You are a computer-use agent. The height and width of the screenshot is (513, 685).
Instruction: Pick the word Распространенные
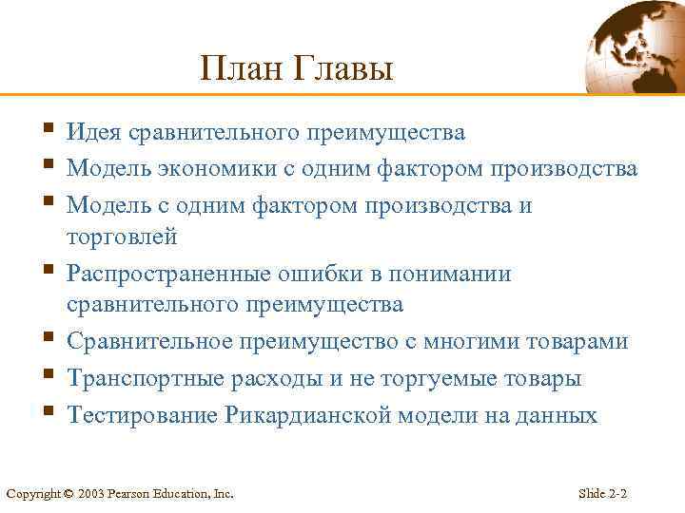pyautogui.click(x=169, y=275)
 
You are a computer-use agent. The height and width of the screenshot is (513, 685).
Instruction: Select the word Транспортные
pyautogui.click(x=142, y=379)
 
